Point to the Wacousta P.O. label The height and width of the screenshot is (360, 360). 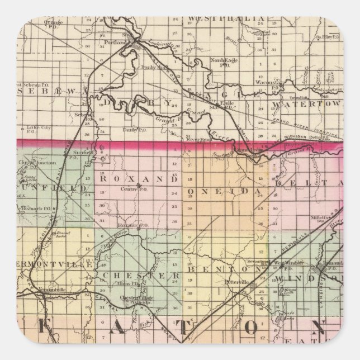[x=270, y=82]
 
